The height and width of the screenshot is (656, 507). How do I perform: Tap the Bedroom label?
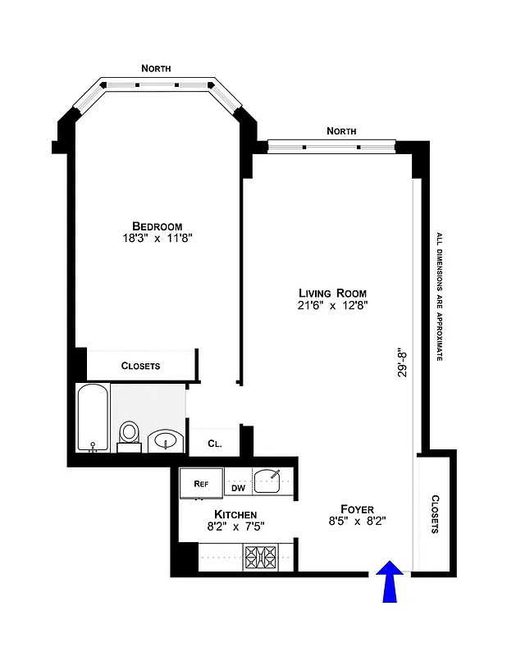pyautogui.click(x=157, y=226)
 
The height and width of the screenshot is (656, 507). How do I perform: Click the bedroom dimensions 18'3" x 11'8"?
pyautogui.click(x=157, y=239)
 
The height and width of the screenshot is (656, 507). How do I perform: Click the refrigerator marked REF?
pyautogui.click(x=200, y=484)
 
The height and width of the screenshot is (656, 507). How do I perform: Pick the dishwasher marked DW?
pyautogui.click(x=238, y=488)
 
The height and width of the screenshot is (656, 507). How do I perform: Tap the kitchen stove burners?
pyautogui.click(x=263, y=560)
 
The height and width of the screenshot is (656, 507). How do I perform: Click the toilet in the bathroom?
pyautogui.click(x=130, y=435)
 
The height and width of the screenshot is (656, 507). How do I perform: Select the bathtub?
pyautogui.click(x=93, y=417)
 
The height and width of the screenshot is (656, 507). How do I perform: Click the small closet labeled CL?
pyautogui.click(x=214, y=443)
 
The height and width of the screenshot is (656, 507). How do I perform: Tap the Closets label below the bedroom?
pyautogui.click(x=140, y=366)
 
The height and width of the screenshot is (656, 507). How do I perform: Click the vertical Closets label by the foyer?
pyautogui.click(x=434, y=514)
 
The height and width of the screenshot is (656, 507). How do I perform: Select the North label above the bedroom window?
pyautogui.click(x=156, y=69)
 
